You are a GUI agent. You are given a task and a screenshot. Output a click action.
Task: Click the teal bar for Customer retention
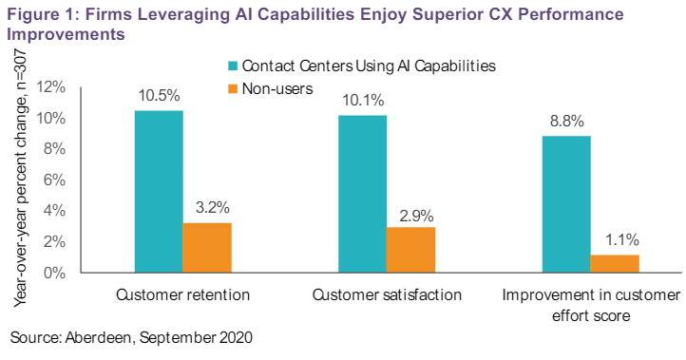[x=159, y=192]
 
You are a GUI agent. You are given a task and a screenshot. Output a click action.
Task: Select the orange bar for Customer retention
[x=207, y=248]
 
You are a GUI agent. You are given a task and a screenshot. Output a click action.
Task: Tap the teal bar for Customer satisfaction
[x=362, y=195]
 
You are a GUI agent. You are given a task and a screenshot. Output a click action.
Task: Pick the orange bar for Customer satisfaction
[x=410, y=250]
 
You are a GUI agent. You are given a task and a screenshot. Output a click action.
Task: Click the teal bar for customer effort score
[x=566, y=204]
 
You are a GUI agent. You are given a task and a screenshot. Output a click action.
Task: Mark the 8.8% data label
[x=566, y=122]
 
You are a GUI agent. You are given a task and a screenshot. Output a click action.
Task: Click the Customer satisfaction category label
[x=387, y=294]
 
